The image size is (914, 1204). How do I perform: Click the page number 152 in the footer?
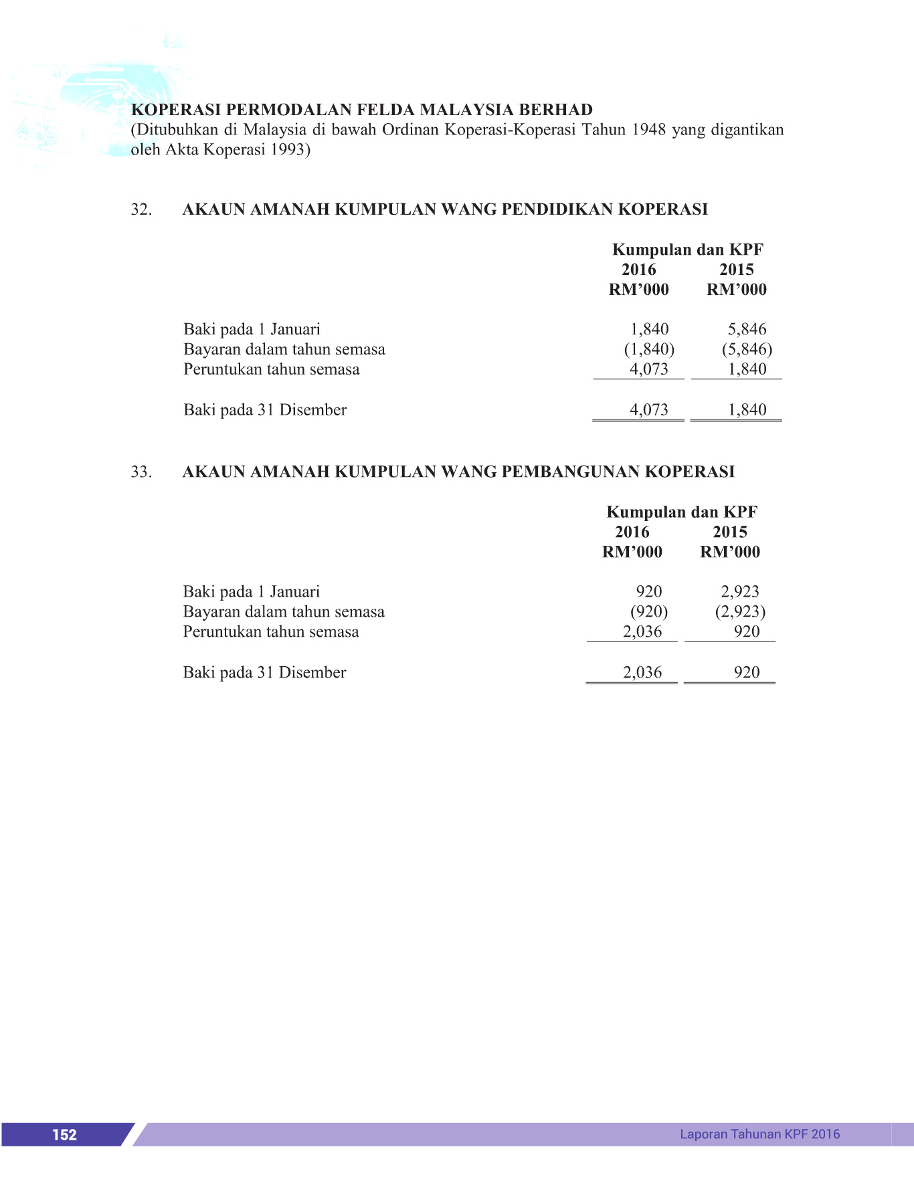coord(64,1134)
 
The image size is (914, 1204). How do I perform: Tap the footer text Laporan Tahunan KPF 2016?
coord(759,1134)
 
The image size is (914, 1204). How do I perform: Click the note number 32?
coord(141,209)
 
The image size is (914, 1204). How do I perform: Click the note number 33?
coord(141,472)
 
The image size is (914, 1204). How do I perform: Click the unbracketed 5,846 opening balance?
coord(747,329)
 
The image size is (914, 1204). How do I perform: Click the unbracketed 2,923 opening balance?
coord(740,591)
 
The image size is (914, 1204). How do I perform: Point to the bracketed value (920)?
coord(649,611)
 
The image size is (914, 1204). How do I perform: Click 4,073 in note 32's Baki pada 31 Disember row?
coord(649,409)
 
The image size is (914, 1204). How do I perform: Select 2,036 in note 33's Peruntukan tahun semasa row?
coord(642,631)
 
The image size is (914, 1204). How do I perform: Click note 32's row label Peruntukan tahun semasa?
coord(272,369)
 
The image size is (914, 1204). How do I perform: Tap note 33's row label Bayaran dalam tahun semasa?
coord(284,611)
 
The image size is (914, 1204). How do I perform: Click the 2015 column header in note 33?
coord(730,532)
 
